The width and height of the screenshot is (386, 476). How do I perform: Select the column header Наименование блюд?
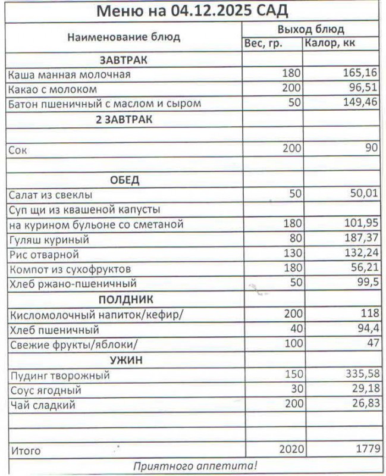pos(124,37)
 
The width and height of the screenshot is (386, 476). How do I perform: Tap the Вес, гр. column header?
pos(263,43)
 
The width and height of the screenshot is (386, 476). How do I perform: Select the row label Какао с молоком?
pos(52,89)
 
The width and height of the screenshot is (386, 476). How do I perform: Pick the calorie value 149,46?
pos(361,104)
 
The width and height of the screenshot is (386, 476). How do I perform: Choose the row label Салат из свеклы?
pos(51,195)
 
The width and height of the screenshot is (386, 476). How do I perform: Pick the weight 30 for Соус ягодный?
pos(295,391)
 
